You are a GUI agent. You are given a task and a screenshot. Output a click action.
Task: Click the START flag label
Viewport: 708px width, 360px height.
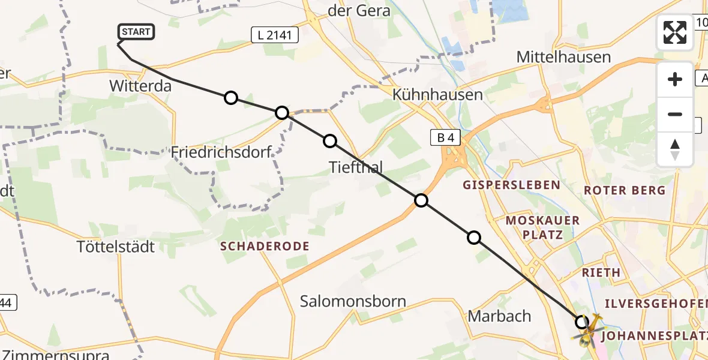point(136,32)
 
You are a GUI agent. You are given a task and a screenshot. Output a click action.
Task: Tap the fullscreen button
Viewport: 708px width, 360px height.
point(675,32)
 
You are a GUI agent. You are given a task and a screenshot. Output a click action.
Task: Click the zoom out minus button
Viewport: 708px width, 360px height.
point(675,114)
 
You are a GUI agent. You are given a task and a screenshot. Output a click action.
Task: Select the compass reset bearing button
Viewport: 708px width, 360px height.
point(675,149)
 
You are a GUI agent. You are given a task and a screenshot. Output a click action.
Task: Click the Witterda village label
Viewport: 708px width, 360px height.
point(140,86)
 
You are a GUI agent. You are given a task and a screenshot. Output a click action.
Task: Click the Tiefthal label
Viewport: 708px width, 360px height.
point(356,166)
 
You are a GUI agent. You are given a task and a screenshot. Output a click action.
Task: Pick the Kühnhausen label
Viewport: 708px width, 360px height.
point(437,94)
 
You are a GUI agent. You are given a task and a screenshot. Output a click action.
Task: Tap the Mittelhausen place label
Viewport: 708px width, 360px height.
point(563,57)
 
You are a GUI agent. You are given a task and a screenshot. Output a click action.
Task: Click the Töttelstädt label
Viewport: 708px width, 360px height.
point(116,246)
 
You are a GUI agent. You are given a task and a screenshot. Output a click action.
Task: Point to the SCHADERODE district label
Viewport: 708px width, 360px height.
point(265,246)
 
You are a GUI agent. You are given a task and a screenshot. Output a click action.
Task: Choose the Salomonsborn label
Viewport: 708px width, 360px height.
point(353,301)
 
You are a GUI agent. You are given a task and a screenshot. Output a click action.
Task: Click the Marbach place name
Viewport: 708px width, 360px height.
point(499,316)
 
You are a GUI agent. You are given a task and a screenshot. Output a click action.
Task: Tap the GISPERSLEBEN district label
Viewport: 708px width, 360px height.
point(511,185)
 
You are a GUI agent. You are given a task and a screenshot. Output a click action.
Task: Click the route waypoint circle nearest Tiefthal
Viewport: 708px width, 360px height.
point(330,141)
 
